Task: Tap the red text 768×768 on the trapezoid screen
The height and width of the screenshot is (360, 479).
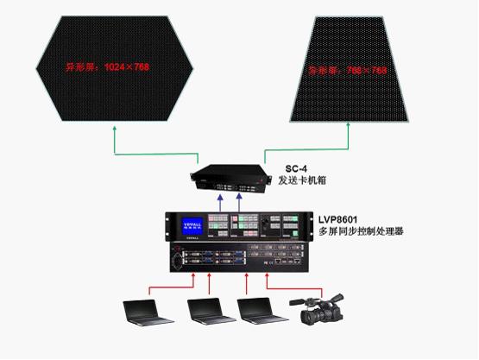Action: pos(352,69)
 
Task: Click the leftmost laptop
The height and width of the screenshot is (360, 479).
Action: pos(145,312)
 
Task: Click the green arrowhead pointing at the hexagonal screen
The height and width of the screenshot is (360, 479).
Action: pos(115,129)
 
